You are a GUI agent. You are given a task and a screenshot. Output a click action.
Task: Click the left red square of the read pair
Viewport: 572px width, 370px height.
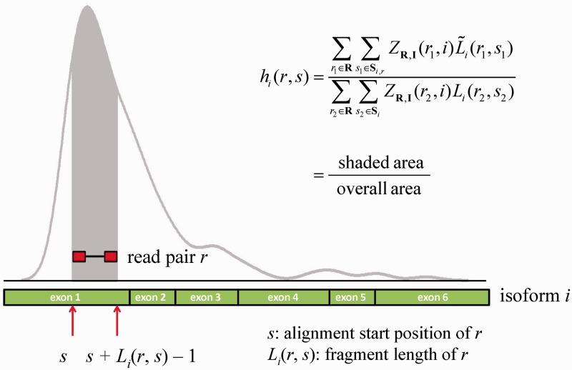[x=79, y=256]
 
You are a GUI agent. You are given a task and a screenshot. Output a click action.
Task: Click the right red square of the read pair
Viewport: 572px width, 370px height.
[x=110, y=256]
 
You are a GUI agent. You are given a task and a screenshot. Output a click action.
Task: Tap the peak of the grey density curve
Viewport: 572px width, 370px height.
[x=87, y=7]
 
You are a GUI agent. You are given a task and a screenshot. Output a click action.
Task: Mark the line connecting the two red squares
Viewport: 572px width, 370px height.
[x=94, y=256]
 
